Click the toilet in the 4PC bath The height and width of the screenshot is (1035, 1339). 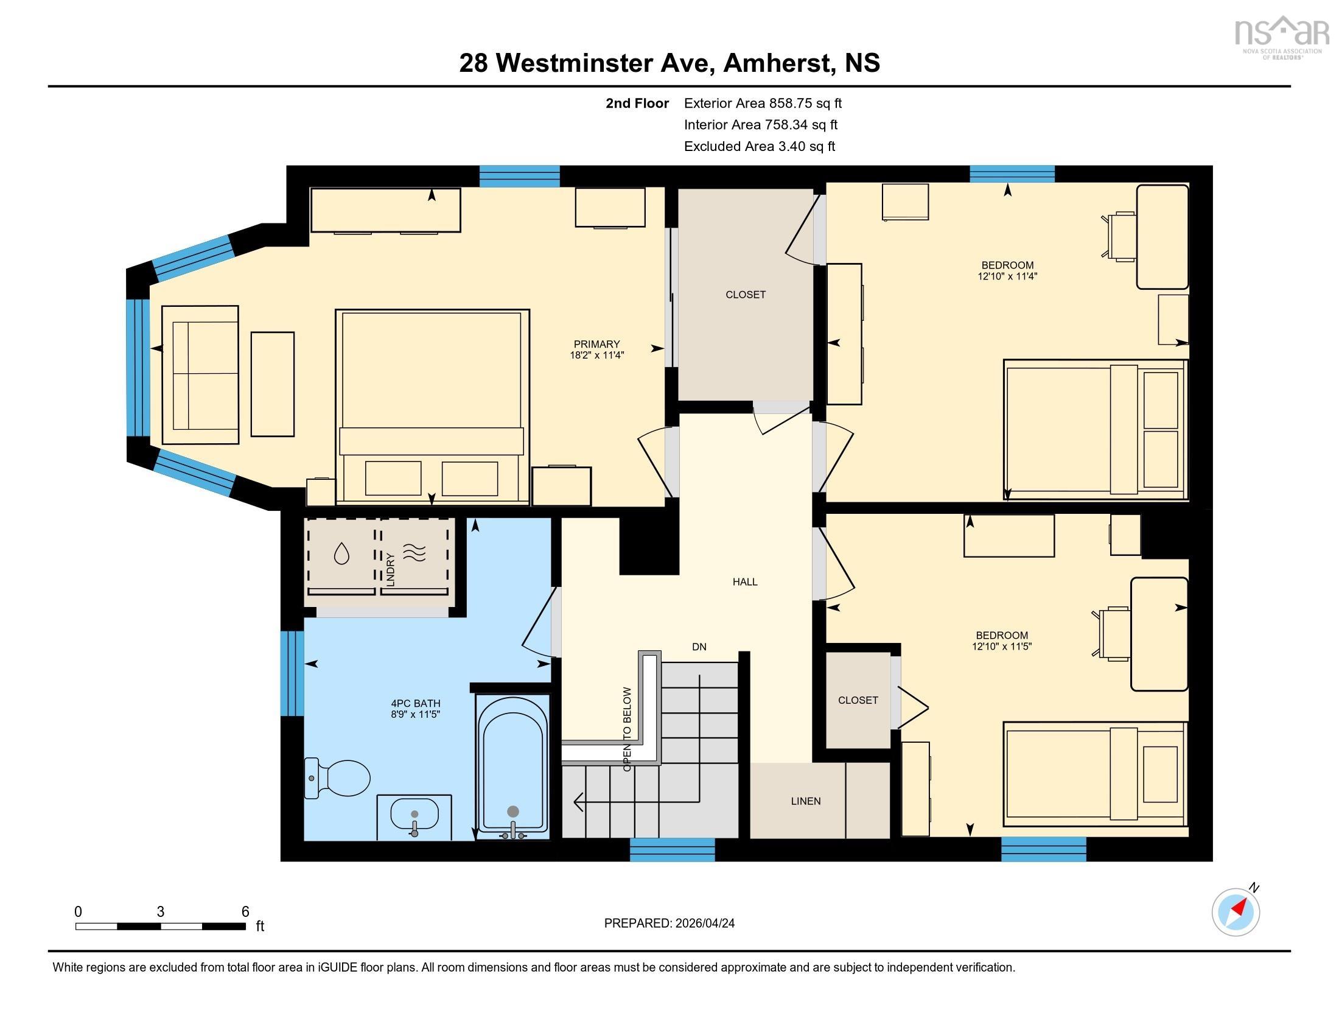(x=340, y=778)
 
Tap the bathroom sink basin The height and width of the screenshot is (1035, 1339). (x=414, y=815)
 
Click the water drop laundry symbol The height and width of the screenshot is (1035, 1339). (x=341, y=553)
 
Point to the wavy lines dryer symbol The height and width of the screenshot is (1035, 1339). (x=414, y=553)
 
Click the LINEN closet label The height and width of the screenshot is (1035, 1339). (x=806, y=801)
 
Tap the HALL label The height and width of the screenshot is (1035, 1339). (x=745, y=582)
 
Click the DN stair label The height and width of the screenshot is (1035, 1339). (x=699, y=646)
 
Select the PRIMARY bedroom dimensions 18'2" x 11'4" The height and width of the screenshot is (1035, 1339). (x=596, y=355)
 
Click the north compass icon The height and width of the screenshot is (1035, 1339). (x=1236, y=912)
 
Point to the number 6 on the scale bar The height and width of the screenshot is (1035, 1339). (x=245, y=911)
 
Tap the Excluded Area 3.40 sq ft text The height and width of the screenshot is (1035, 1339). (x=759, y=147)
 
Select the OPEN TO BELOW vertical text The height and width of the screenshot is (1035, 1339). (x=626, y=729)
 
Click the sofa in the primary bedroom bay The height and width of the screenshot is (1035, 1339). (x=200, y=374)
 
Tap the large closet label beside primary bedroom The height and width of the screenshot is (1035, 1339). (x=746, y=295)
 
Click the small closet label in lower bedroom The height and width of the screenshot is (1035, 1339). (x=858, y=700)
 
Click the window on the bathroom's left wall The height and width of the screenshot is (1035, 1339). (x=293, y=673)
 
